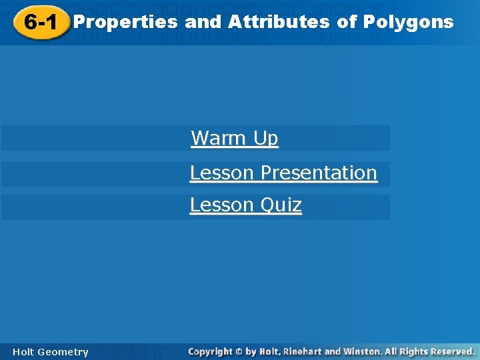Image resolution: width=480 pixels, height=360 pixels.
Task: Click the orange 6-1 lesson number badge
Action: [x=39, y=23]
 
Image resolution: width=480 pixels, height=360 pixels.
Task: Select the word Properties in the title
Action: [x=125, y=22]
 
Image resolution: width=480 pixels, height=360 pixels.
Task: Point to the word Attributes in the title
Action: [x=279, y=22]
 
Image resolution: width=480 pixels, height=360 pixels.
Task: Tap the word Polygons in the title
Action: [x=408, y=22]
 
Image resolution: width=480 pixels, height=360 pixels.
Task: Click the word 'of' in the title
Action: [x=347, y=22]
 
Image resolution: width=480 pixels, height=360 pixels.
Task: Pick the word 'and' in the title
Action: [x=203, y=22]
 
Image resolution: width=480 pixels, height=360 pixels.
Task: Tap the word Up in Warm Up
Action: [x=265, y=139]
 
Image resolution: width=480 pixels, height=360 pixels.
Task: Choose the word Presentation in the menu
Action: [x=319, y=173]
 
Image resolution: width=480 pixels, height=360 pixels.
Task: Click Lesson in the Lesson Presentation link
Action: [x=222, y=173]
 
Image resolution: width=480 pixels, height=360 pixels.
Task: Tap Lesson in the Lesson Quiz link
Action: [x=222, y=205]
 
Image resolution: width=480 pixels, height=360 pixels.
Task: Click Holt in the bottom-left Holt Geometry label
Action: [x=23, y=352]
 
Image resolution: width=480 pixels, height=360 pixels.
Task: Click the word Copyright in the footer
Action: [x=210, y=351]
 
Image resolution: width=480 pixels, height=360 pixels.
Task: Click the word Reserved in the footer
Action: [x=452, y=351]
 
